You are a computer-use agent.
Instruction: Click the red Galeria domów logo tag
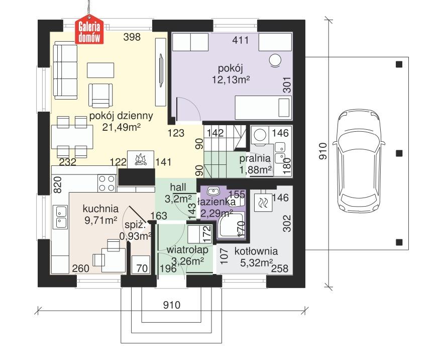click(89, 30)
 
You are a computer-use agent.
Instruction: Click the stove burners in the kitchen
click(106, 183)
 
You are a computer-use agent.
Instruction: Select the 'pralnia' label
click(255, 159)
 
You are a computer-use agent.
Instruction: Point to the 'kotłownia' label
click(256, 251)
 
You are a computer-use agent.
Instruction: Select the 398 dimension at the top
click(133, 37)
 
